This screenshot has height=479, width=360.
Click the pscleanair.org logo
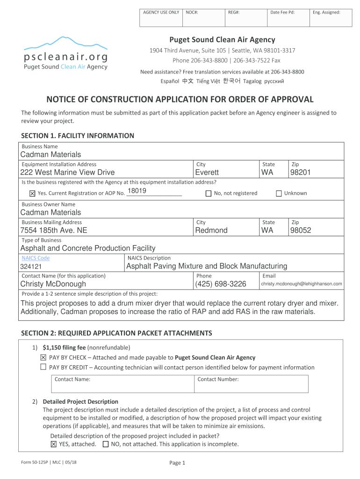tap(65, 53)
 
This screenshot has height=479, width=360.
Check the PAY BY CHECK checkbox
tap(43, 357)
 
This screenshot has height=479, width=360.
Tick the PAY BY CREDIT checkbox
tap(43, 367)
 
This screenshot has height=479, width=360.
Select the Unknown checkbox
tap(279, 193)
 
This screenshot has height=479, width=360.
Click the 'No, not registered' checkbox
tap(209, 193)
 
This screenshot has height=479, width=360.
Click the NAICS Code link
tap(36, 258)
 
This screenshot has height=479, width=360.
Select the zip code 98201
tap(300, 173)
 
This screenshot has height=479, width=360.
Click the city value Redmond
tap(211, 231)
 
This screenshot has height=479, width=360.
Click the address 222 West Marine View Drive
tap(67, 173)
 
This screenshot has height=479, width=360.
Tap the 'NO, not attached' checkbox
tap(105, 444)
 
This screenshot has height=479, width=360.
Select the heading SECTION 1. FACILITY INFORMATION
tap(78, 136)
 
